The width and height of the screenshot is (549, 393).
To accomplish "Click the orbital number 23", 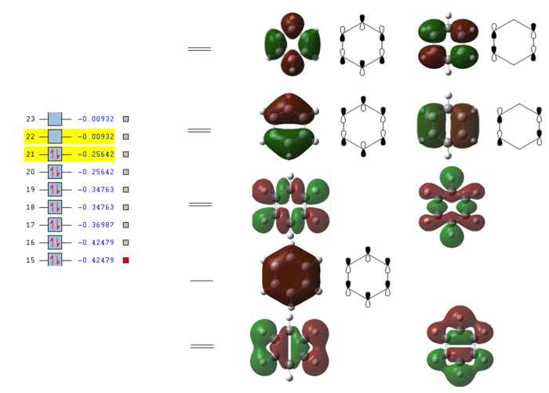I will tap(31, 119).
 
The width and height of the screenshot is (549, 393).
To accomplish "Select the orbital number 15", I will tap(31, 260).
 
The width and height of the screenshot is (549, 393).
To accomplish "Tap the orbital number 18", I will tap(31, 208).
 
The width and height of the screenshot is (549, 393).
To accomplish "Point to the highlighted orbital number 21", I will tap(31, 155).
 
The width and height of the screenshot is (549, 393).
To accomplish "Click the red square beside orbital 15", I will tap(125, 260).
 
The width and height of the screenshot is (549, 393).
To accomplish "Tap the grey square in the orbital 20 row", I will tap(125, 172).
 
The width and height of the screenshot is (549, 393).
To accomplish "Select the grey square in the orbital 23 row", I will tap(125, 119).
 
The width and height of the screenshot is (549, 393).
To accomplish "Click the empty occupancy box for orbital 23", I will tap(55, 119).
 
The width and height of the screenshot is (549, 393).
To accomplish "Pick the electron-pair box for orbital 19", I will tap(55, 190).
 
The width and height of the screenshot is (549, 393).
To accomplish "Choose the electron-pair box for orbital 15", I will tap(55, 260).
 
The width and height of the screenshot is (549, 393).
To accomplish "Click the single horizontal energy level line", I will tap(202, 280).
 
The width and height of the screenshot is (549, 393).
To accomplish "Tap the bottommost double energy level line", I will tap(202, 346).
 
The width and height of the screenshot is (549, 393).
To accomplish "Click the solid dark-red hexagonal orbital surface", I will tap(291, 278).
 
